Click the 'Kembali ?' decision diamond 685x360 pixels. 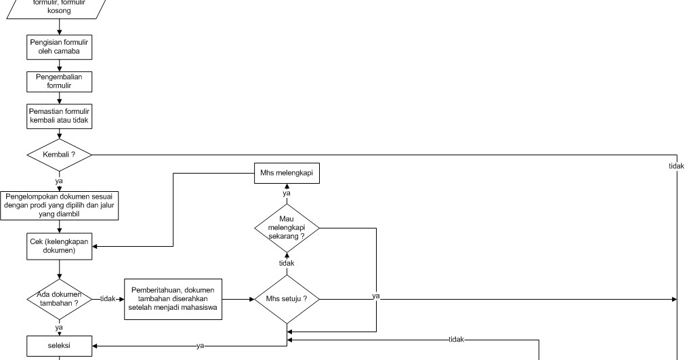coord(59,155)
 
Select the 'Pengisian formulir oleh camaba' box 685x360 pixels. coord(59,47)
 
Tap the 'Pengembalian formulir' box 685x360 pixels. coord(59,81)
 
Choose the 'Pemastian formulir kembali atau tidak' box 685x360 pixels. coord(59,116)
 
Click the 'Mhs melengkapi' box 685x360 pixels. coord(286,174)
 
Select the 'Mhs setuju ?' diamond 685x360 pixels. coord(286,299)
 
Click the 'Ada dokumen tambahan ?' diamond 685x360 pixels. coord(59,299)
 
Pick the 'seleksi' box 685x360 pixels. coord(59,346)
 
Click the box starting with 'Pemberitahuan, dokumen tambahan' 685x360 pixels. coord(173,299)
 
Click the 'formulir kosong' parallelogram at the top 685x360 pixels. coord(59,7)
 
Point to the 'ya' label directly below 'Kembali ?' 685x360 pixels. coord(59,182)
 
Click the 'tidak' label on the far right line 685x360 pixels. coord(676,167)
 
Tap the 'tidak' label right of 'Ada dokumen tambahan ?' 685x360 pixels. coord(108,299)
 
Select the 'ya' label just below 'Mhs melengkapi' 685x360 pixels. coord(286,193)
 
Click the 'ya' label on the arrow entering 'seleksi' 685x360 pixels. coord(200,346)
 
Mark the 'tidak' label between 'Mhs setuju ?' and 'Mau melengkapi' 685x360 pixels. coord(286,263)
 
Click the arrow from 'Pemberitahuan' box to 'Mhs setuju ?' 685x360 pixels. coord(237,299)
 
